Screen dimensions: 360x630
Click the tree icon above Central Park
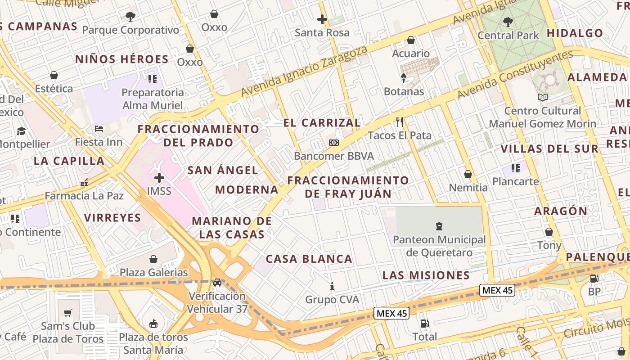[508, 21]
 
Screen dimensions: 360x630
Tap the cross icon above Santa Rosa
[322, 19]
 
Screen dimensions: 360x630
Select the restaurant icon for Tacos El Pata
[399, 121]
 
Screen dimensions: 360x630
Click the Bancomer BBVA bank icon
[333, 142]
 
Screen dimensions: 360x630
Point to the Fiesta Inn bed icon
[99, 129]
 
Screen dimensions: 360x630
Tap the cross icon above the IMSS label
[159, 177]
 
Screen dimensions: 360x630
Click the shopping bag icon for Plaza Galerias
[153, 259]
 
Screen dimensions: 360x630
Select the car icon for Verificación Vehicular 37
[217, 283]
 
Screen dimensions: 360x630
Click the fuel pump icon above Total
[424, 323]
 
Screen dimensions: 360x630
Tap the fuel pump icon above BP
[594, 278]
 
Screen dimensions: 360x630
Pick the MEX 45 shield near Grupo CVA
[391, 313]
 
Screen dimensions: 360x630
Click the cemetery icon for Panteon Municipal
[439, 226]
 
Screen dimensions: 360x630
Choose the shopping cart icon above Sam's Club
[68, 313]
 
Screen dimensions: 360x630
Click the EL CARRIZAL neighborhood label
[322, 123]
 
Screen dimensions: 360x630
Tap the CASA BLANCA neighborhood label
[309, 259]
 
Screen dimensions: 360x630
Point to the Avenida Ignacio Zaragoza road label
[304, 72]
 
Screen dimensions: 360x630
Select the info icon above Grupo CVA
[332, 286]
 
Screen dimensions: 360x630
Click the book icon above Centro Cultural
[542, 97]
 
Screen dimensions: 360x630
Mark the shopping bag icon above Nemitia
[468, 174]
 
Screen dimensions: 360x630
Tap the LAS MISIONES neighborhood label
[426, 275]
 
